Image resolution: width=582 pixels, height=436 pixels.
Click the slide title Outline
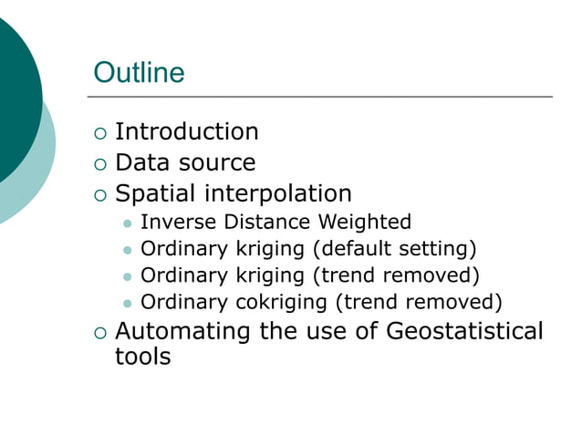click(139, 73)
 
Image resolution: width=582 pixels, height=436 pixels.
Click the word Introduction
click(186, 132)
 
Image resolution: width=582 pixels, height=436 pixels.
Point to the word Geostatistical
click(464, 331)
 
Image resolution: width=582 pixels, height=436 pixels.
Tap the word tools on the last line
click(142, 356)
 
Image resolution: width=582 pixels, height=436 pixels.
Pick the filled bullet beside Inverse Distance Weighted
click(127, 223)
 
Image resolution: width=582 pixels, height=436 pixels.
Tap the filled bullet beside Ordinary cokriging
click(127, 303)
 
